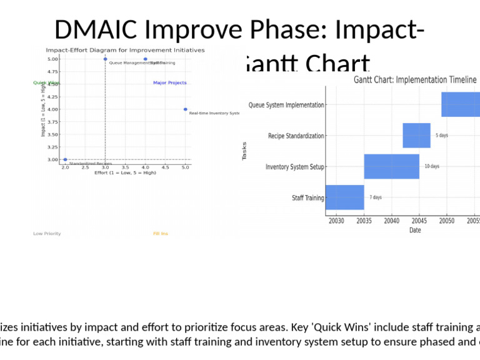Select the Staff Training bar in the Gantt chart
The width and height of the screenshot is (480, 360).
pos(344,197)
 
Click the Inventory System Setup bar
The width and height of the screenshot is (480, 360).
pos(391,166)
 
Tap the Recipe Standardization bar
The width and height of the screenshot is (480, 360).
pos(416,136)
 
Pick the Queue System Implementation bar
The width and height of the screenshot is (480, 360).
pos(461,104)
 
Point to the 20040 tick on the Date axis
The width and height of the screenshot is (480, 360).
pos(392,221)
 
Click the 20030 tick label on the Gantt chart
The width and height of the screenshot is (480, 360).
pos(336,221)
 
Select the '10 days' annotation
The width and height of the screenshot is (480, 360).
pos(432,166)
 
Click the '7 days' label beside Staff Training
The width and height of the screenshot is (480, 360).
pos(376,197)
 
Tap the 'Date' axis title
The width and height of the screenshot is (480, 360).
pos(415,230)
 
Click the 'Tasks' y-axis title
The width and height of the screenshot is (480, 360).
pos(244,151)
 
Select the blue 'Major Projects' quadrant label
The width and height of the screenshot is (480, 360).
pos(169,82)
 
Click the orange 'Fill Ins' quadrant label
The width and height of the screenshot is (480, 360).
pos(161,234)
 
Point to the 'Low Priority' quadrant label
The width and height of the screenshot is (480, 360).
pos(47,234)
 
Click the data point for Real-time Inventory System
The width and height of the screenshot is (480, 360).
pos(185,109)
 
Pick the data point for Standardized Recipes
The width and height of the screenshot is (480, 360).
pos(65,159)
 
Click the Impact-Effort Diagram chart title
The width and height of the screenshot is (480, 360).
pos(125,50)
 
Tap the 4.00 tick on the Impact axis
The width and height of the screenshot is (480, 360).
pos(53,109)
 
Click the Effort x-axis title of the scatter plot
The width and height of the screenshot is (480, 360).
pos(125,173)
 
